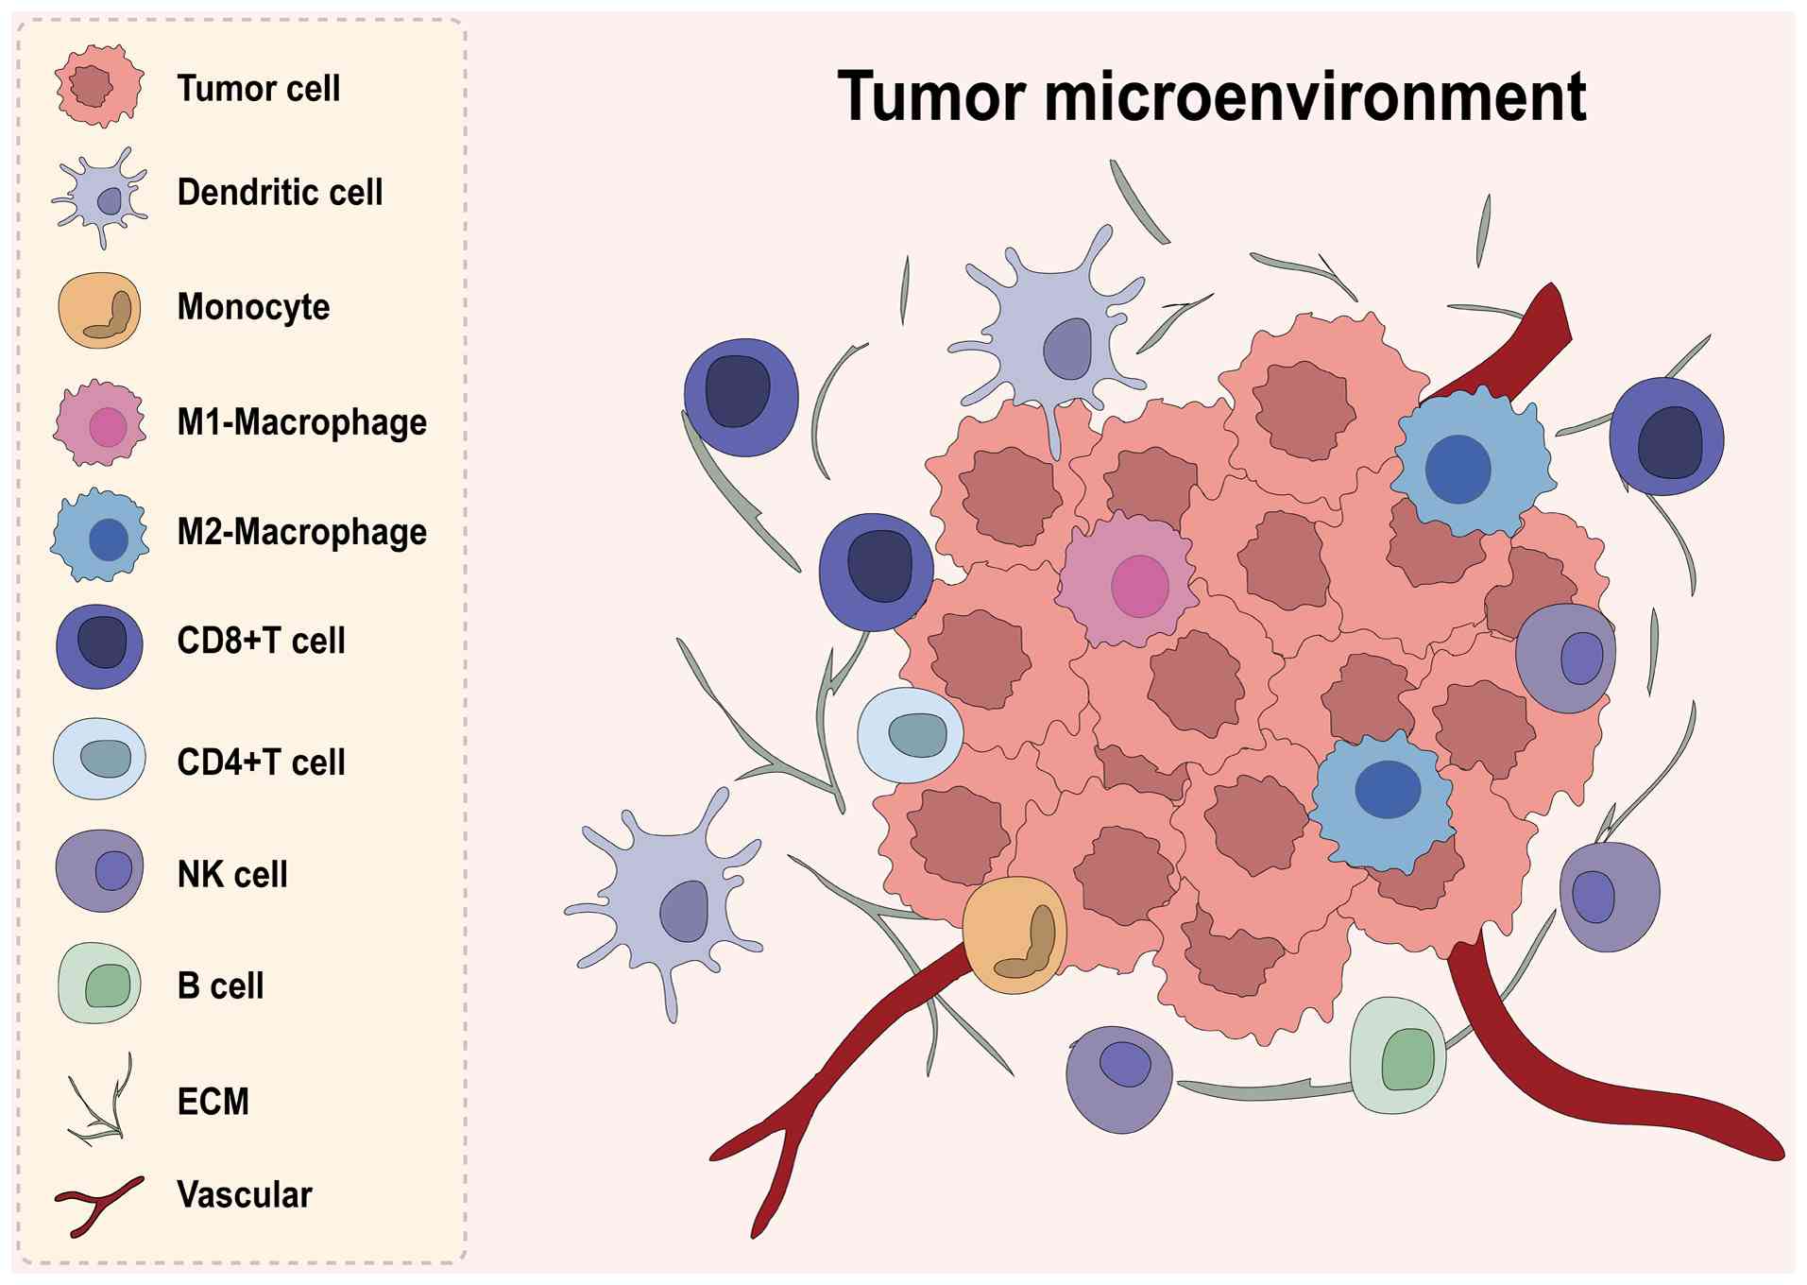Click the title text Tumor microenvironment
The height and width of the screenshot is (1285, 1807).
pyautogui.click(x=1211, y=96)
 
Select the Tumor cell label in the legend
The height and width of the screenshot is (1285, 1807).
pyautogui.click(x=258, y=89)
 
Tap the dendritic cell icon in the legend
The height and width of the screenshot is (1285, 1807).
pyautogui.click(x=100, y=197)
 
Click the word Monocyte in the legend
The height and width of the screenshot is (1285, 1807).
pyautogui.click(x=253, y=307)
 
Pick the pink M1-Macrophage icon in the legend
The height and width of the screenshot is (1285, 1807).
pyautogui.click(x=100, y=423)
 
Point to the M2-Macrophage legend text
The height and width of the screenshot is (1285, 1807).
pyautogui.click(x=301, y=532)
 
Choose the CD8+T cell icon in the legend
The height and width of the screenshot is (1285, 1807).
pyautogui.click(x=99, y=645)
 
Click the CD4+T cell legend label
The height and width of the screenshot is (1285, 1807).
pyautogui.click(x=261, y=762)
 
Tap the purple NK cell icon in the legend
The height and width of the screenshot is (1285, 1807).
pyautogui.click(x=99, y=870)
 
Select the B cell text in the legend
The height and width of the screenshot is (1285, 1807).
pyautogui.click(x=220, y=986)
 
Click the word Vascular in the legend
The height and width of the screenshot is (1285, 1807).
pyautogui.click(x=244, y=1195)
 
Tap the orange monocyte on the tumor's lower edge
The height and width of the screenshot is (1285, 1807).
pyautogui.click(x=1014, y=934)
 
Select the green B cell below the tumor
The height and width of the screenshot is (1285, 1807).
pyautogui.click(x=1398, y=1054)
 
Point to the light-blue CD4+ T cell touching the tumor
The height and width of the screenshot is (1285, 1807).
pyautogui.click(x=910, y=735)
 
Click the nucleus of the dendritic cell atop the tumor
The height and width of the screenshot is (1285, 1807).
pyautogui.click(x=1067, y=349)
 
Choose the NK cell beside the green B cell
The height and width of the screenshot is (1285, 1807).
pyautogui.click(x=1119, y=1078)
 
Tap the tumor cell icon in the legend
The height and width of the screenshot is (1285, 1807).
pyautogui.click(x=99, y=86)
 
